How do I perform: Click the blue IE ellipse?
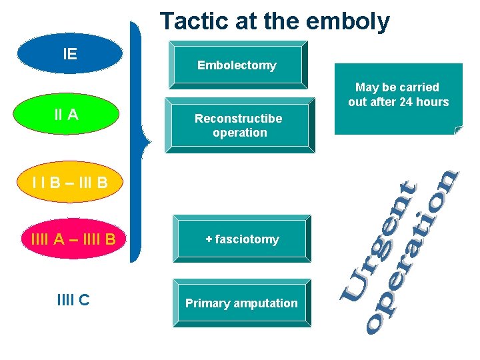[x=70, y=53]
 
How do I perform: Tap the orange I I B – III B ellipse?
[x=69, y=181]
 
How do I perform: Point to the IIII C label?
[x=73, y=301]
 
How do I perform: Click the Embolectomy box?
[x=237, y=65]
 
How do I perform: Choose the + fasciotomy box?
[x=241, y=239]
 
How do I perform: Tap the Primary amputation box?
[x=241, y=303]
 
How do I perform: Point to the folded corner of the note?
[x=457, y=129]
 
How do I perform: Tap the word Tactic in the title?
[x=191, y=21]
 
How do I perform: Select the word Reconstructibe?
[x=238, y=119]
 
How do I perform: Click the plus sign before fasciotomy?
[x=209, y=239]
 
